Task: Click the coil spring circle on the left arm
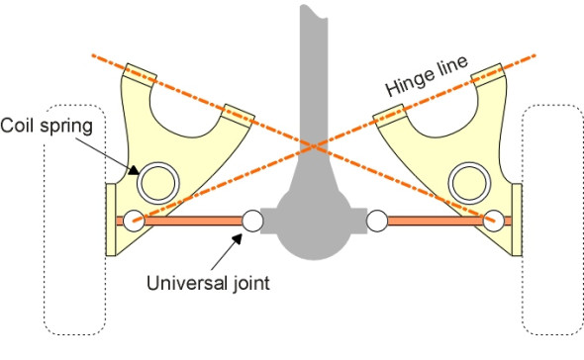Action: click(156, 181)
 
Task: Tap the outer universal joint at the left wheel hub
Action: click(133, 220)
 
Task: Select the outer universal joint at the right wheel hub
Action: click(492, 220)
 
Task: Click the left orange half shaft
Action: click(193, 220)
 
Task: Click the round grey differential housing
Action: click(314, 223)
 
